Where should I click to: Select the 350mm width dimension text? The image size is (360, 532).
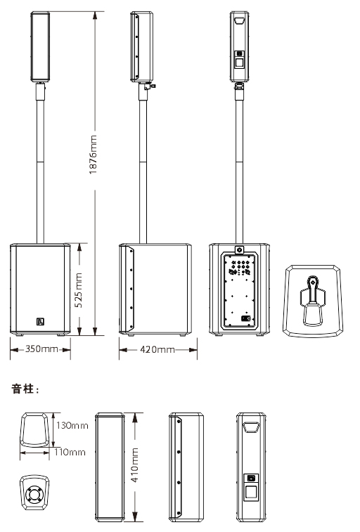(x=40, y=349)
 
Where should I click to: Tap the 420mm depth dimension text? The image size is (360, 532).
(x=156, y=349)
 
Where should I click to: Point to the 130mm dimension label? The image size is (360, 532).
(x=72, y=426)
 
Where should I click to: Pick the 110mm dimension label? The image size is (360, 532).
(x=70, y=452)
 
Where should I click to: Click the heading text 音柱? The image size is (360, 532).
(x=25, y=388)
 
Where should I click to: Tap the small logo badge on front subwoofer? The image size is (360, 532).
(x=40, y=323)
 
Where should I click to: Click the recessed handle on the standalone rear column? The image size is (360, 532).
(x=252, y=426)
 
